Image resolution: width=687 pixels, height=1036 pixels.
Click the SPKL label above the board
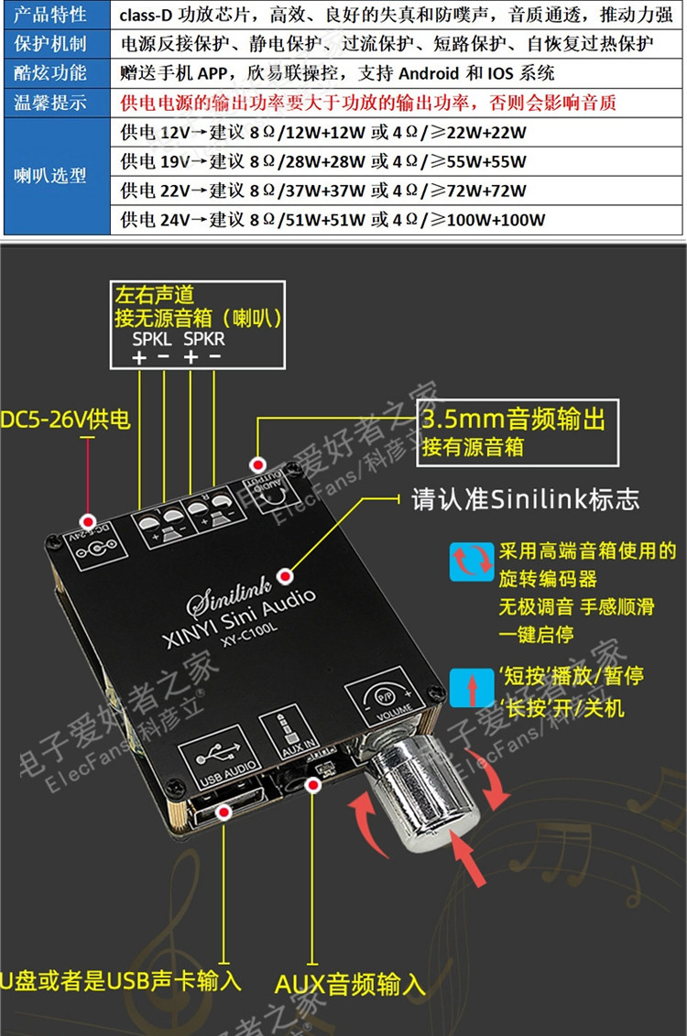click(x=151, y=338)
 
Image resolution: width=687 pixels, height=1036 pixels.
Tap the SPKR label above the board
click(x=203, y=338)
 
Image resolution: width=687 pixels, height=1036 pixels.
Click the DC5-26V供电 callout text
click(x=66, y=420)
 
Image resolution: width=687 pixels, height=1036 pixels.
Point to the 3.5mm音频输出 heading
click(x=513, y=420)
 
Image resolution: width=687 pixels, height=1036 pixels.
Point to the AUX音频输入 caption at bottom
click(x=350, y=985)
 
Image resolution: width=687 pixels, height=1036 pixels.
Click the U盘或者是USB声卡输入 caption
click(x=122, y=981)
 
